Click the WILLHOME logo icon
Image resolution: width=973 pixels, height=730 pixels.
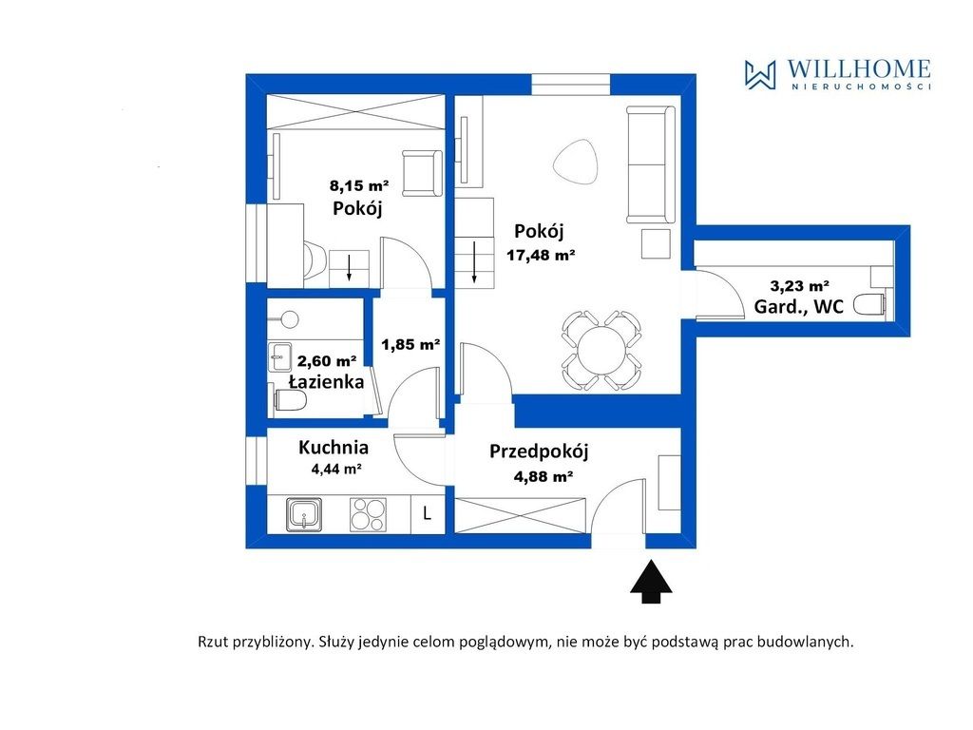coord(760,74)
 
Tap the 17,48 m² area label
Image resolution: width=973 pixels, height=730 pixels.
coord(540,255)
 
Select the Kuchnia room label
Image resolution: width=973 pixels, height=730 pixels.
coord(334,448)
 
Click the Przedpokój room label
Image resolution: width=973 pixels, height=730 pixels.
coord(539,451)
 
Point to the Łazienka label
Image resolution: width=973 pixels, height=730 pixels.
coord(327,381)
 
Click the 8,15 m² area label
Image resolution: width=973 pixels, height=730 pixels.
coord(358,185)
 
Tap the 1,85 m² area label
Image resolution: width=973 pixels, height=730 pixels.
coord(410,344)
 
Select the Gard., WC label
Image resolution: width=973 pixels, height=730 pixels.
coord(798,306)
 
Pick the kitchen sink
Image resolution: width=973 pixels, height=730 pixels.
coord(304,515)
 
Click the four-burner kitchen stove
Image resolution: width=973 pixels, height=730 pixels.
coord(368,515)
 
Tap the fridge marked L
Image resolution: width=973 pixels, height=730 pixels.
coord(428,514)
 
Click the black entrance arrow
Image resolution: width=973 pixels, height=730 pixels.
coord(651,582)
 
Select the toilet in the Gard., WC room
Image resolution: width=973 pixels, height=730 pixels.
coord(872,305)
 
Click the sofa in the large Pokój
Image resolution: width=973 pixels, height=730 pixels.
coord(651,164)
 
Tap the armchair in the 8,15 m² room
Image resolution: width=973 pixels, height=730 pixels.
coord(423,173)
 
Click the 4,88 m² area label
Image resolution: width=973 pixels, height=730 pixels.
coord(543,477)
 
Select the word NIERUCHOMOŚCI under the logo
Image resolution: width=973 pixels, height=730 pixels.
coord(861,86)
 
